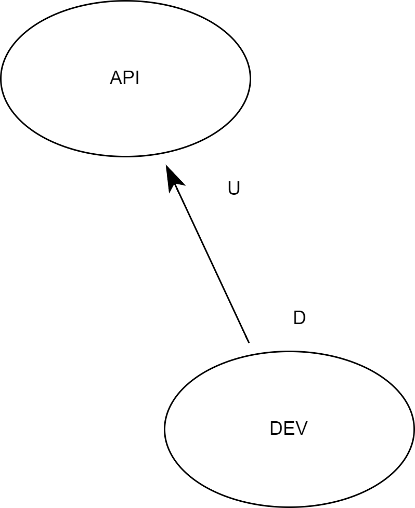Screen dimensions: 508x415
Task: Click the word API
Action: (125, 78)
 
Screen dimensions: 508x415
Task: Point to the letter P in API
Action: (128, 78)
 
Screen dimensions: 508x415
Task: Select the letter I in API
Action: (137, 78)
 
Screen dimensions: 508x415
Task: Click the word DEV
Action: (289, 429)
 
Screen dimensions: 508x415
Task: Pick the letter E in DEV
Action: (289, 429)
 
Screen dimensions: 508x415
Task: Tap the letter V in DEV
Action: (302, 429)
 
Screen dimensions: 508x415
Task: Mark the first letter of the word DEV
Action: (276, 429)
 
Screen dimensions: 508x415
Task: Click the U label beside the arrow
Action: (234, 189)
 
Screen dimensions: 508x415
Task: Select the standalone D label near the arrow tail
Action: (299, 318)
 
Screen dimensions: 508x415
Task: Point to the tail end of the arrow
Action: (249, 342)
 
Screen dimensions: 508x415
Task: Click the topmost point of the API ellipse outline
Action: (125, 1)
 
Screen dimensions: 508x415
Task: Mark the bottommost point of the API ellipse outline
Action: (125, 156)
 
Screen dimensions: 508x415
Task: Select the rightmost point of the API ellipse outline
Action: (251, 78)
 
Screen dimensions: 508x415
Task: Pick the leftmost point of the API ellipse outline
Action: (1, 78)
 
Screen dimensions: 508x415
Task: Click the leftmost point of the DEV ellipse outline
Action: (165, 429)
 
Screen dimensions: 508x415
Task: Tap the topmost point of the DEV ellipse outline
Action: (289, 352)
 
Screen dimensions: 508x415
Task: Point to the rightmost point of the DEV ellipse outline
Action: (414, 429)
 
